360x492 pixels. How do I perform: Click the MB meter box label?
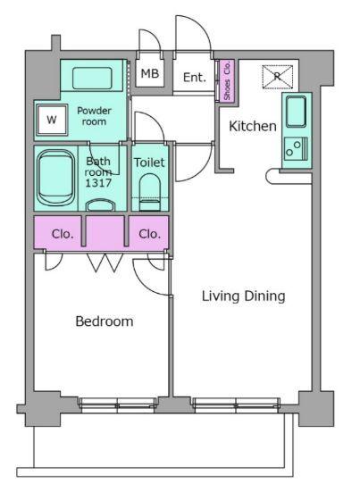[x=150, y=74]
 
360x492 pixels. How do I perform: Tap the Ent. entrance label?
[x=194, y=77]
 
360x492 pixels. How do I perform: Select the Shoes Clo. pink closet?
[x=227, y=80]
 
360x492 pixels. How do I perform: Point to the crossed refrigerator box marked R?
[x=278, y=77]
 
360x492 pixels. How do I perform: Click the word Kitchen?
[x=253, y=126]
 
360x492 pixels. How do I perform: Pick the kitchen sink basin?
[x=296, y=112]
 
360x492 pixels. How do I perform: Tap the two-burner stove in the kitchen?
[x=296, y=149]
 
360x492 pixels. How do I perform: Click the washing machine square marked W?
[x=52, y=120]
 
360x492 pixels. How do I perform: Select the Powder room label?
[x=94, y=116]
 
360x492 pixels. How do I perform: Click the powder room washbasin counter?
[x=92, y=78]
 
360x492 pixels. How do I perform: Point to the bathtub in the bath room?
[x=56, y=178]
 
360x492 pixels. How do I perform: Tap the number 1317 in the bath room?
[x=98, y=183]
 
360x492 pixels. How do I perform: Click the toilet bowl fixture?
[x=150, y=192]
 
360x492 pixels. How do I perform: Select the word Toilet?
[x=149, y=163]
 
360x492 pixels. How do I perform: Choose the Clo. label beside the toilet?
[x=149, y=234]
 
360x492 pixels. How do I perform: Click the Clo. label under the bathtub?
[x=63, y=234]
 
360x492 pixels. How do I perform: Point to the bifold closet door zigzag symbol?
[x=105, y=263]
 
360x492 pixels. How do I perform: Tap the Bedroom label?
[x=105, y=321]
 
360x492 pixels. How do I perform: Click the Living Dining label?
[x=244, y=296]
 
